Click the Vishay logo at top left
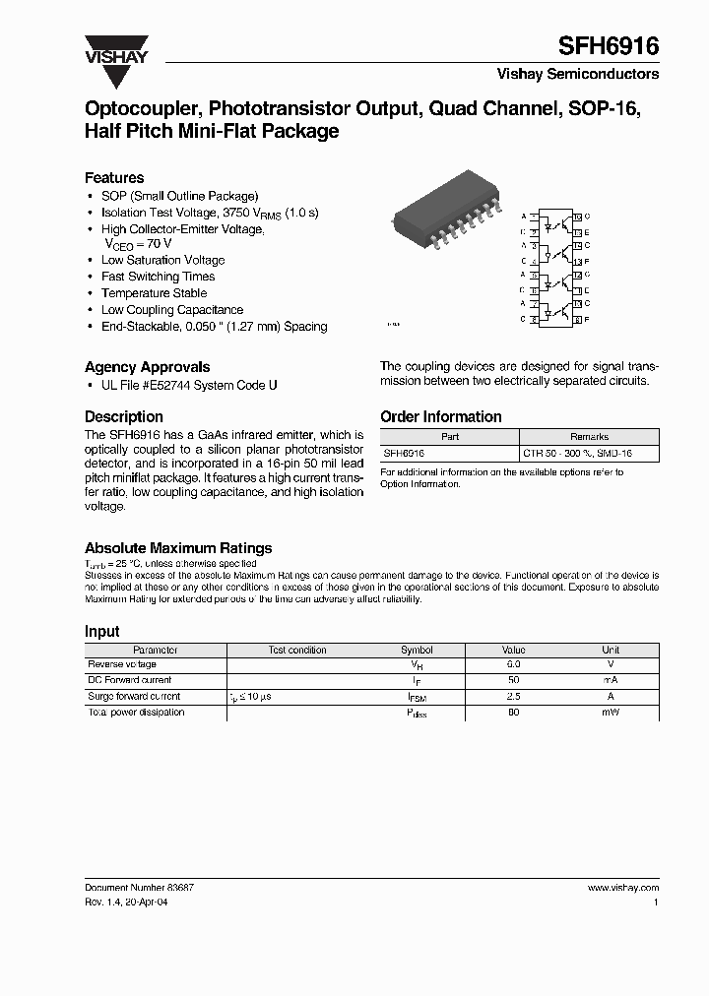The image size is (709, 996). pyautogui.click(x=115, y=50)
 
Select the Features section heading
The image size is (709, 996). pyautogui.click(x=114, y=178)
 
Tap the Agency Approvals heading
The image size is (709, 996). pyautogui.click(x=147, y=367)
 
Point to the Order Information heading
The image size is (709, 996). pyautogui.click(x=440, y=417)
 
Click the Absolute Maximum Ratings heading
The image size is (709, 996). pyautogui.click(x=178, y=548)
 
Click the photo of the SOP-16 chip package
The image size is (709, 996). pyautogui.click(x=442, y=211)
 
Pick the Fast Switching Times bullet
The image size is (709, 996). pyautogui.click(x=158, y=277)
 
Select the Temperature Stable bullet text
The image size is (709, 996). pyautogui.click(x=154, y=293)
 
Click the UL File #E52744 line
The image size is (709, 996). pyautogui.click(x=189, y=385)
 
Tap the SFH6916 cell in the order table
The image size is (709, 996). pyautogui.click(x=405, y=453)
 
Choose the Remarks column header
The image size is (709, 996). pyautogui.click(x=589, y=436)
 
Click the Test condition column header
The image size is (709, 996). pyautogui.click(x=297, y=650)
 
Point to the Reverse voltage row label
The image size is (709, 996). pyautogui.click(x=123, y=665)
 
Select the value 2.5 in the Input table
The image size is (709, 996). pyautogui.click(x=513, y=697)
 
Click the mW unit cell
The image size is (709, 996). pyautogui.click(x=611, y=713)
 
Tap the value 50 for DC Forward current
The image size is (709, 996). pyautogui.click(x=513, y=681)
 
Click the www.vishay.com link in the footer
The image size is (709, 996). pyautogui.click(x=623, y=887)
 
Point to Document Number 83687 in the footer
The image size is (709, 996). pyautogui.click(x=139, y=887)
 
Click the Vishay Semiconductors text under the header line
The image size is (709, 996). pyautogui.click(x=578, y=74)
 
